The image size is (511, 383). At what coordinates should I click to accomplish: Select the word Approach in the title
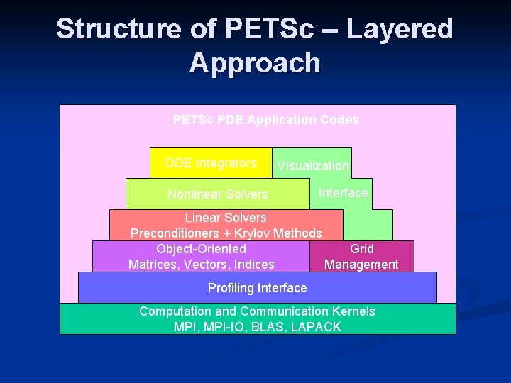255,63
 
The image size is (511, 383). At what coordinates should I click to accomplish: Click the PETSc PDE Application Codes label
265,120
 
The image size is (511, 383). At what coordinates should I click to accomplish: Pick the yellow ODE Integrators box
211,163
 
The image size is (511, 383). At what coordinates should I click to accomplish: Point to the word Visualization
313,166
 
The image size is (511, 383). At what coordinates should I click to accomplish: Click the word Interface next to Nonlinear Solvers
344,193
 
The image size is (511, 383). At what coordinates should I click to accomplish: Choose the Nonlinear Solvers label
217,194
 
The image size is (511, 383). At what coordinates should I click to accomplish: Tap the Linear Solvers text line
226,218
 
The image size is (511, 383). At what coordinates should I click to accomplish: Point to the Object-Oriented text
201,249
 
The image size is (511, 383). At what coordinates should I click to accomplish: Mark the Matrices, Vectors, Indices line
201,265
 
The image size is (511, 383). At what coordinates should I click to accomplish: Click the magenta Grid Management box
361,257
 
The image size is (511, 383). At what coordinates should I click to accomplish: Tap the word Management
361,265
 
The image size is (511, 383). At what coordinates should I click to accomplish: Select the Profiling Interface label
257,288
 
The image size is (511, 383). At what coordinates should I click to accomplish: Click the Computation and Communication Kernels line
257,311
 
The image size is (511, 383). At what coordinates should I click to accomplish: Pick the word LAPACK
315,327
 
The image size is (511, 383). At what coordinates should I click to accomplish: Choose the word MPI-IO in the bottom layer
224,327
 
